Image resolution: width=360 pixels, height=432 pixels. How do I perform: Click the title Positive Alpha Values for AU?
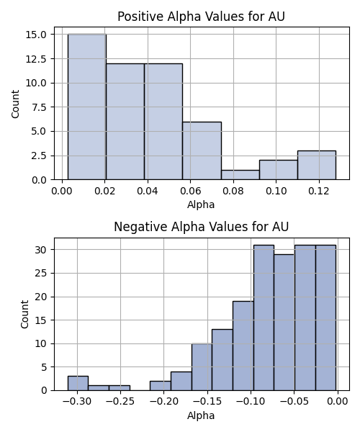(201, 17)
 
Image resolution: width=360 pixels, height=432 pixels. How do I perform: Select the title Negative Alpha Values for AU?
(201, 227)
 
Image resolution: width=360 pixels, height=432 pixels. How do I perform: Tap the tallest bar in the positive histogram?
(87, 107)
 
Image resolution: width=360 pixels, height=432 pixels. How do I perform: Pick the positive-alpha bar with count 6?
(202, 150)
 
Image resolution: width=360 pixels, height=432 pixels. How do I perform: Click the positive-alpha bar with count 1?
(240, 175)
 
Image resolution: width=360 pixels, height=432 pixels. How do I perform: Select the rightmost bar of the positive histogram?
(317, 165)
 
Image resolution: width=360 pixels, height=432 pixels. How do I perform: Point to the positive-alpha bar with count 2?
(279, 170)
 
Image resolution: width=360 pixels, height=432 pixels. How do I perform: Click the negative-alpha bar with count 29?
(284, 323)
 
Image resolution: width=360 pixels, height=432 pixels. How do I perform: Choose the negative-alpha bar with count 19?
(243, 346)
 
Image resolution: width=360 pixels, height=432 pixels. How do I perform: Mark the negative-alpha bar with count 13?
(222, 360)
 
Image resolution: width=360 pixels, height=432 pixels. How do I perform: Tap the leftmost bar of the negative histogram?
(78, 383)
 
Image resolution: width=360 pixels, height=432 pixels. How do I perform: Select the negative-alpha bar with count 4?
(181, 381)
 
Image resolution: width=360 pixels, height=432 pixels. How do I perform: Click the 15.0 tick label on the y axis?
(36, 35)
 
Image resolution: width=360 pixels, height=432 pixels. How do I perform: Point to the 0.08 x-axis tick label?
(233, 191)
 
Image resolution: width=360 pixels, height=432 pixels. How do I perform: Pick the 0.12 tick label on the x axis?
(319, 191)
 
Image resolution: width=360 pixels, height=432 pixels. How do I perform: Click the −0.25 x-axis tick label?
(120, 402)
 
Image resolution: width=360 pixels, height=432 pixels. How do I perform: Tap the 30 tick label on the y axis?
(41, 250)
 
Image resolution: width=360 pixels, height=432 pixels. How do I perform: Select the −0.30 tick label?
(77, 402)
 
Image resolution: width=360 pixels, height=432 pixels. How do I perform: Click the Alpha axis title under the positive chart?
(201, 204)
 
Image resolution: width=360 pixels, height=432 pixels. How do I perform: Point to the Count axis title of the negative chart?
(24, 315)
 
